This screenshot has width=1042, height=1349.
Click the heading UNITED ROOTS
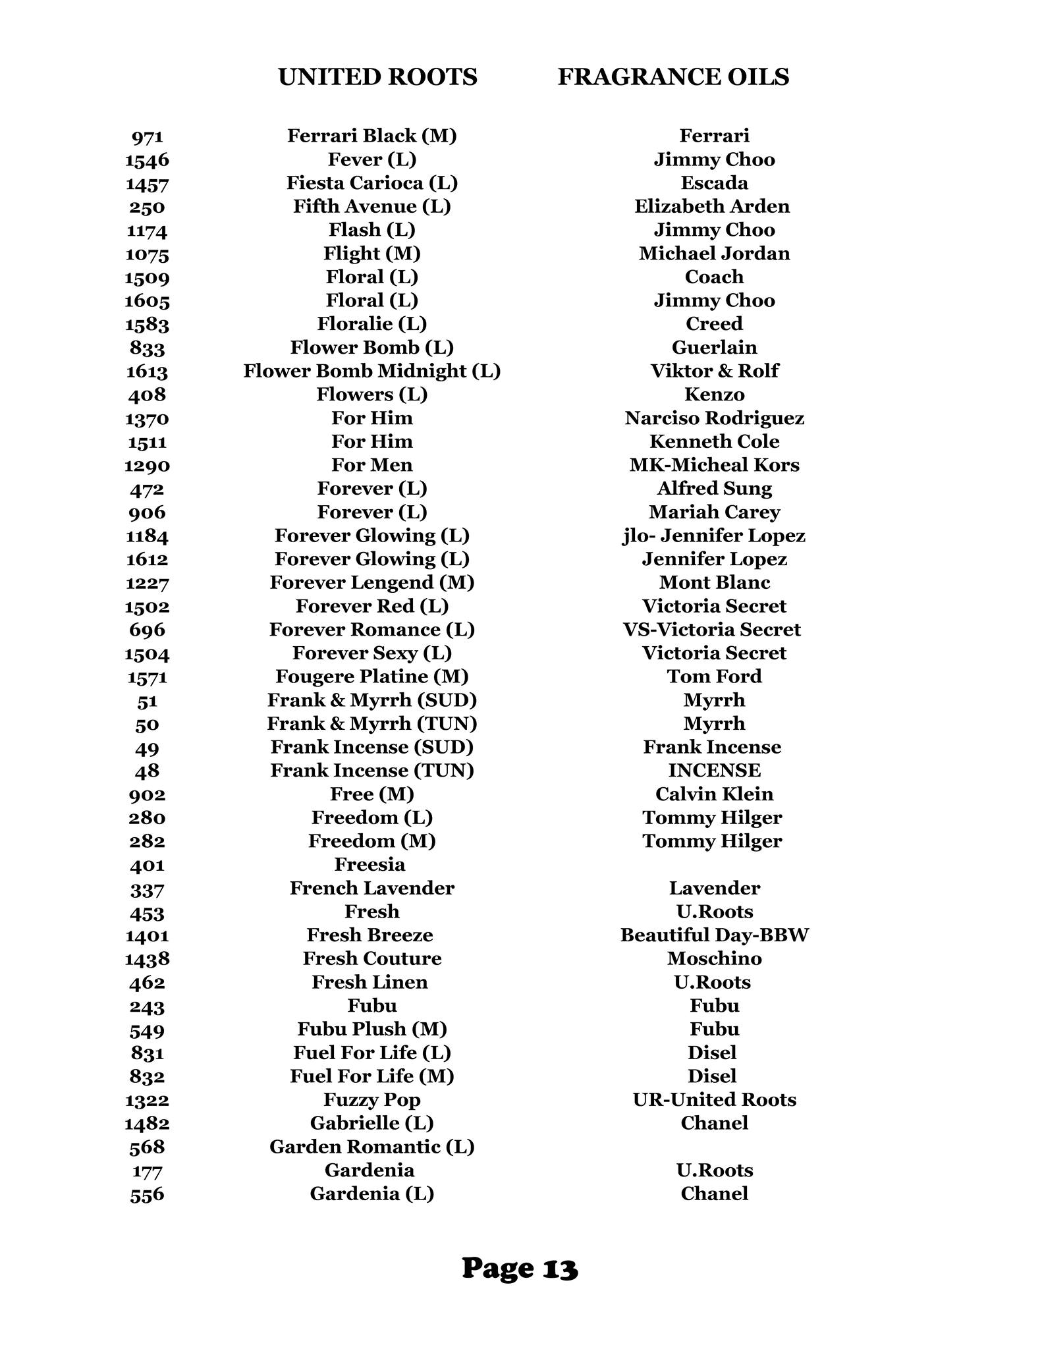point(377,77)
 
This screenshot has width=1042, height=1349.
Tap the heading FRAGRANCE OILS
point(673,77)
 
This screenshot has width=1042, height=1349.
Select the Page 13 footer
point(520,1268)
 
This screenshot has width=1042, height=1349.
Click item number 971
point(147,137)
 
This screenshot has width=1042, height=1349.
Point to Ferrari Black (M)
point(372,136)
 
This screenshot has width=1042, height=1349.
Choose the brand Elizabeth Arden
point(712,206)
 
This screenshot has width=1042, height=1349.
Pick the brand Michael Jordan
point(714,254)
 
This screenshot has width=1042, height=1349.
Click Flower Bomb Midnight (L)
point(372,371)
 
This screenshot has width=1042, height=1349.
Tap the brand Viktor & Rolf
point(714,371)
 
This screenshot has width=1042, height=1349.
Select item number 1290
point(147,466)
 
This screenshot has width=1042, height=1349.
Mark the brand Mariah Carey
point(714,512)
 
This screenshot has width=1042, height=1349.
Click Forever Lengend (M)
point(372,582)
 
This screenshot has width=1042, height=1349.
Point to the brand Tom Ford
point(714,676)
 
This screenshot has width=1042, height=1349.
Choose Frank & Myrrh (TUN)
point(372,723)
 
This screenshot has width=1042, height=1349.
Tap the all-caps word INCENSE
point(714,770)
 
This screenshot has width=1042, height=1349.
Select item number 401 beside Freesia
point(147,865)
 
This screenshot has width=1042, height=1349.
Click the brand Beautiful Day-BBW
point(714,935)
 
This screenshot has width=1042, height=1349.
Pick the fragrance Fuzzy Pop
point(372,1100)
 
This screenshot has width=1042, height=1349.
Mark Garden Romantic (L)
point(372,1147)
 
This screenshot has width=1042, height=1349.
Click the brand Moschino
point(714,958)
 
